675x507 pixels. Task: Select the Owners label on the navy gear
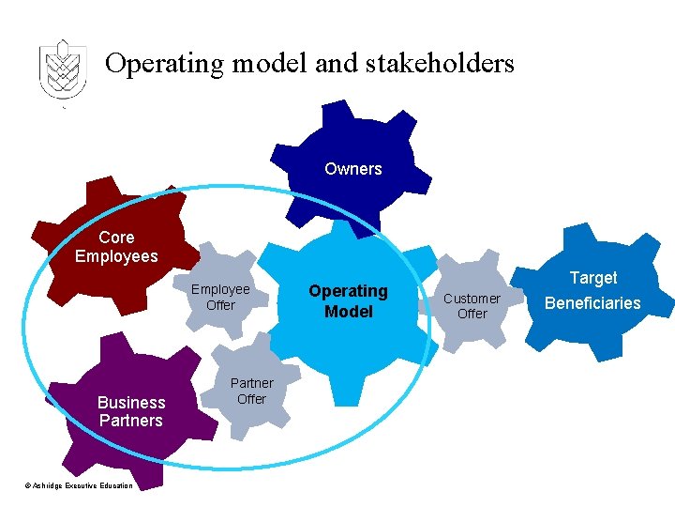353,169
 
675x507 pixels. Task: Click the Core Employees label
116,247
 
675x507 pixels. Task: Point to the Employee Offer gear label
220,297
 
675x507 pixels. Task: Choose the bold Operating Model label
348,301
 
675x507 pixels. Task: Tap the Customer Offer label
472,306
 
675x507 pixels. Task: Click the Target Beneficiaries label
592,290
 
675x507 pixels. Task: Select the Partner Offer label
251,391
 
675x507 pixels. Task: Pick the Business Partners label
131,411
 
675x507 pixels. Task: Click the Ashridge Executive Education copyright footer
79,485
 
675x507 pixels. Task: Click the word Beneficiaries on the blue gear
592,303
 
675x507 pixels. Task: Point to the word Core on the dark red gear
116,238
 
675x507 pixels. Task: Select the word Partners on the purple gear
131,421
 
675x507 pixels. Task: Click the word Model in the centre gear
348,312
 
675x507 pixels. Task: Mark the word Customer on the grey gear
472,299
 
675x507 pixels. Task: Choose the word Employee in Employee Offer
220,289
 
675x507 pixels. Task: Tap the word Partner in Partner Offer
251,383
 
